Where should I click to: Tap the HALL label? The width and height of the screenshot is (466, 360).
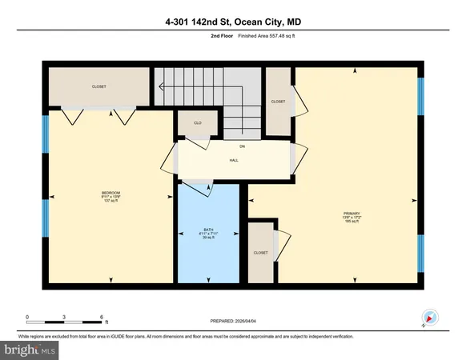click(234, 160)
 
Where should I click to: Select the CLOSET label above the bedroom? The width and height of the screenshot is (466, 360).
click(98, 86)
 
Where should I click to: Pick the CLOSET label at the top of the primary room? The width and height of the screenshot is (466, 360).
click(278, 102)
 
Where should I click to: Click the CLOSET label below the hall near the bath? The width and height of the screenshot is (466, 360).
click(260, 252)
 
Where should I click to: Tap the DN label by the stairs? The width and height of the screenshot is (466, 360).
click(241, 146)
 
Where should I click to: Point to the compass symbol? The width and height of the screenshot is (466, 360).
click(428, 318)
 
